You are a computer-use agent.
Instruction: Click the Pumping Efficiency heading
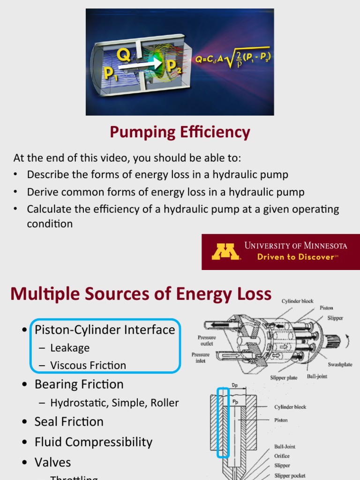pos(180,133)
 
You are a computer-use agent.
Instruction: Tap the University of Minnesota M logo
pos(225,251)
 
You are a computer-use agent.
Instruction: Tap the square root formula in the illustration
pos(233,60)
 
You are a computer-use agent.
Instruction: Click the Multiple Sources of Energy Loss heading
pos(141,294)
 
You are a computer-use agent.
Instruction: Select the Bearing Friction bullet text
pos(79,384)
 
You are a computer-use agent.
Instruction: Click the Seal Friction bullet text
pos(69,421)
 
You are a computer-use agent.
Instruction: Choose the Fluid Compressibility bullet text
pos(93,442)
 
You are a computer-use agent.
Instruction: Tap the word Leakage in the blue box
pos(70,348)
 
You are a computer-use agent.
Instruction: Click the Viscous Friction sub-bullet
pos(88,365)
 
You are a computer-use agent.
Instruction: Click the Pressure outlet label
pos(206,340)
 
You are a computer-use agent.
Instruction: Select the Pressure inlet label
pos(201,358)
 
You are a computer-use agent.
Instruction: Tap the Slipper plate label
pos(284,377)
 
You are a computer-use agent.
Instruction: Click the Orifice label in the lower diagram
pos(282,456)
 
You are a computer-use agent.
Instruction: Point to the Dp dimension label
pos(235,385)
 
